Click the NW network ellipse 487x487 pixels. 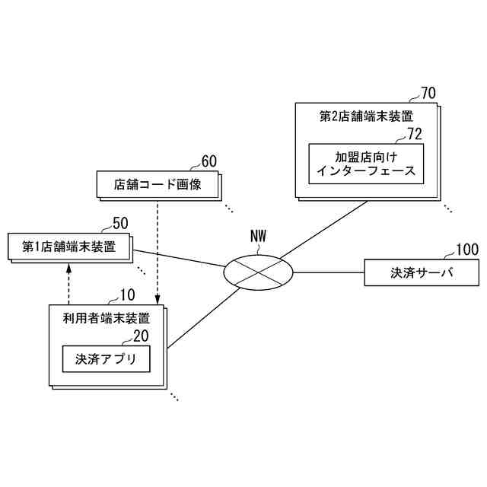259,270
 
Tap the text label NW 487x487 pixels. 259,236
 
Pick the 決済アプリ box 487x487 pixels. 106,358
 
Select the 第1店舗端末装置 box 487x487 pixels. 68,246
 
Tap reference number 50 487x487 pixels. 120,223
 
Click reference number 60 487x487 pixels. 208,161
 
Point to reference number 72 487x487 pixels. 414,135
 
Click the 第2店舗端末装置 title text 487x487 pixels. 365,116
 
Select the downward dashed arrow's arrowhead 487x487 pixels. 157,299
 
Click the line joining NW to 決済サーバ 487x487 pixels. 329,272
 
